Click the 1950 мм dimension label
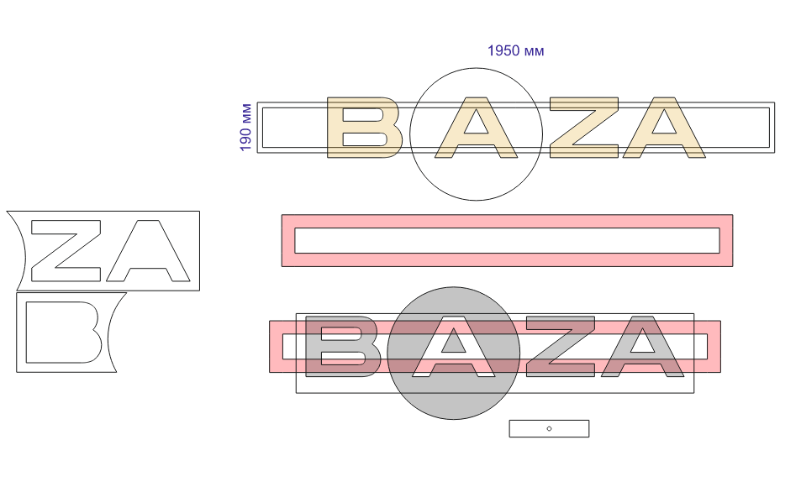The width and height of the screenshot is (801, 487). pos(515,50)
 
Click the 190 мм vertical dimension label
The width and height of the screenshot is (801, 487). pos(245,128)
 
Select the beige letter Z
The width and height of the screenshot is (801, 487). pos(584,128)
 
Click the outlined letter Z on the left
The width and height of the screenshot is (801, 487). pos(66,251)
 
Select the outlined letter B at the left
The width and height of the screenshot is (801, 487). pos(63,333)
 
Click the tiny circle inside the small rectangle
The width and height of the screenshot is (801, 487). pos(549,429)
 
